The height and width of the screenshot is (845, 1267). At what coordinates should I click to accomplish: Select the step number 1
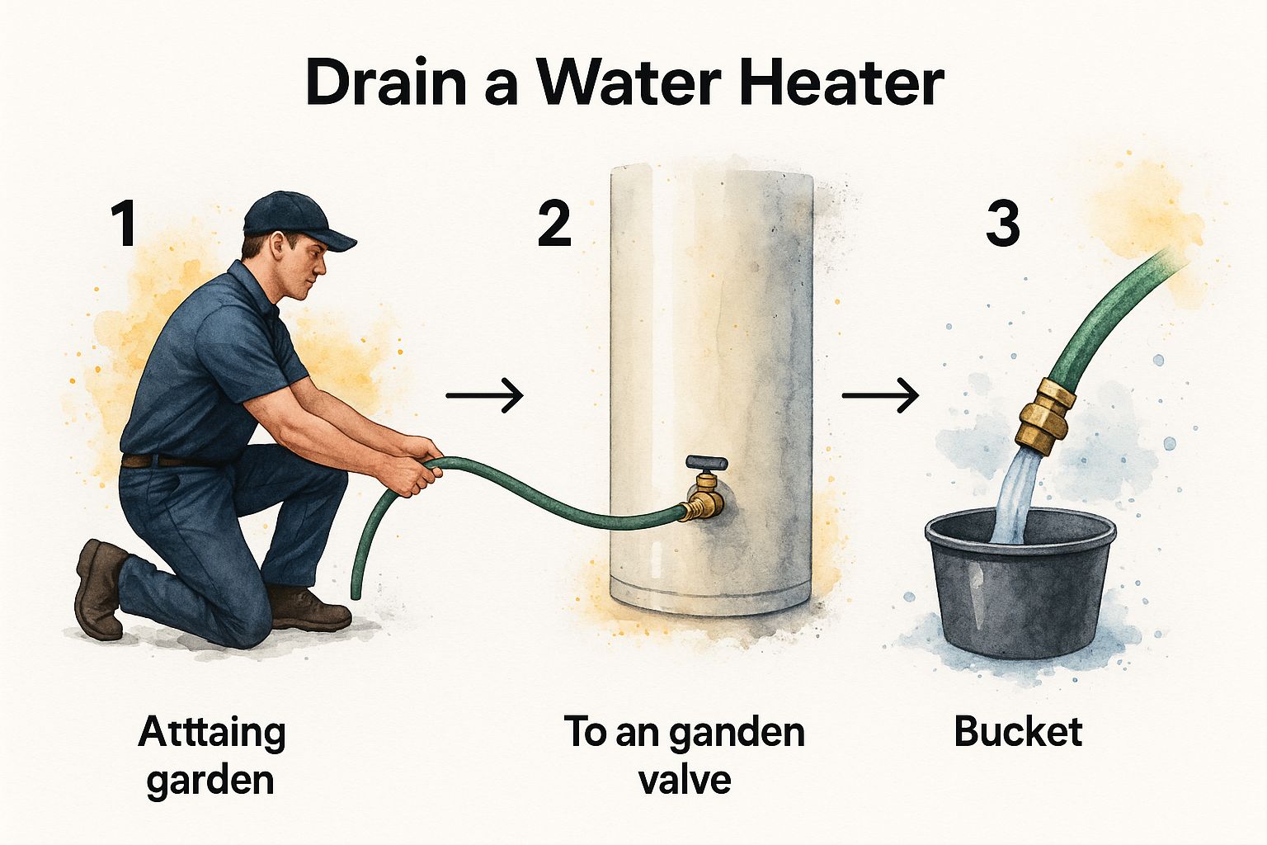(123, 224)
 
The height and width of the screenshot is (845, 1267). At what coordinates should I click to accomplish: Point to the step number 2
(553, 224)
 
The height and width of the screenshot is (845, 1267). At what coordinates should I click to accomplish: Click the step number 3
(1003, 224)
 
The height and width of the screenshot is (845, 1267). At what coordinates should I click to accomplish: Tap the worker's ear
(278, 246)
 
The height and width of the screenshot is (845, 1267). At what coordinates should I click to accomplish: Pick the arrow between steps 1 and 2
(485, 395)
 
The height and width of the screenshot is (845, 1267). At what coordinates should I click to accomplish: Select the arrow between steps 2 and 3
(881, 395)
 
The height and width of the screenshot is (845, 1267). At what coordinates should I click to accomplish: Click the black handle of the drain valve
(706, 464)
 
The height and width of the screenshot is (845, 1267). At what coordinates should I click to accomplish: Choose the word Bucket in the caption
(1018, 733)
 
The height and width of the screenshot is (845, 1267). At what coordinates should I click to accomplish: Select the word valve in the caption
(685, 780)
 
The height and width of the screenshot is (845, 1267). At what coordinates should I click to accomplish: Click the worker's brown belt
(165, 460)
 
